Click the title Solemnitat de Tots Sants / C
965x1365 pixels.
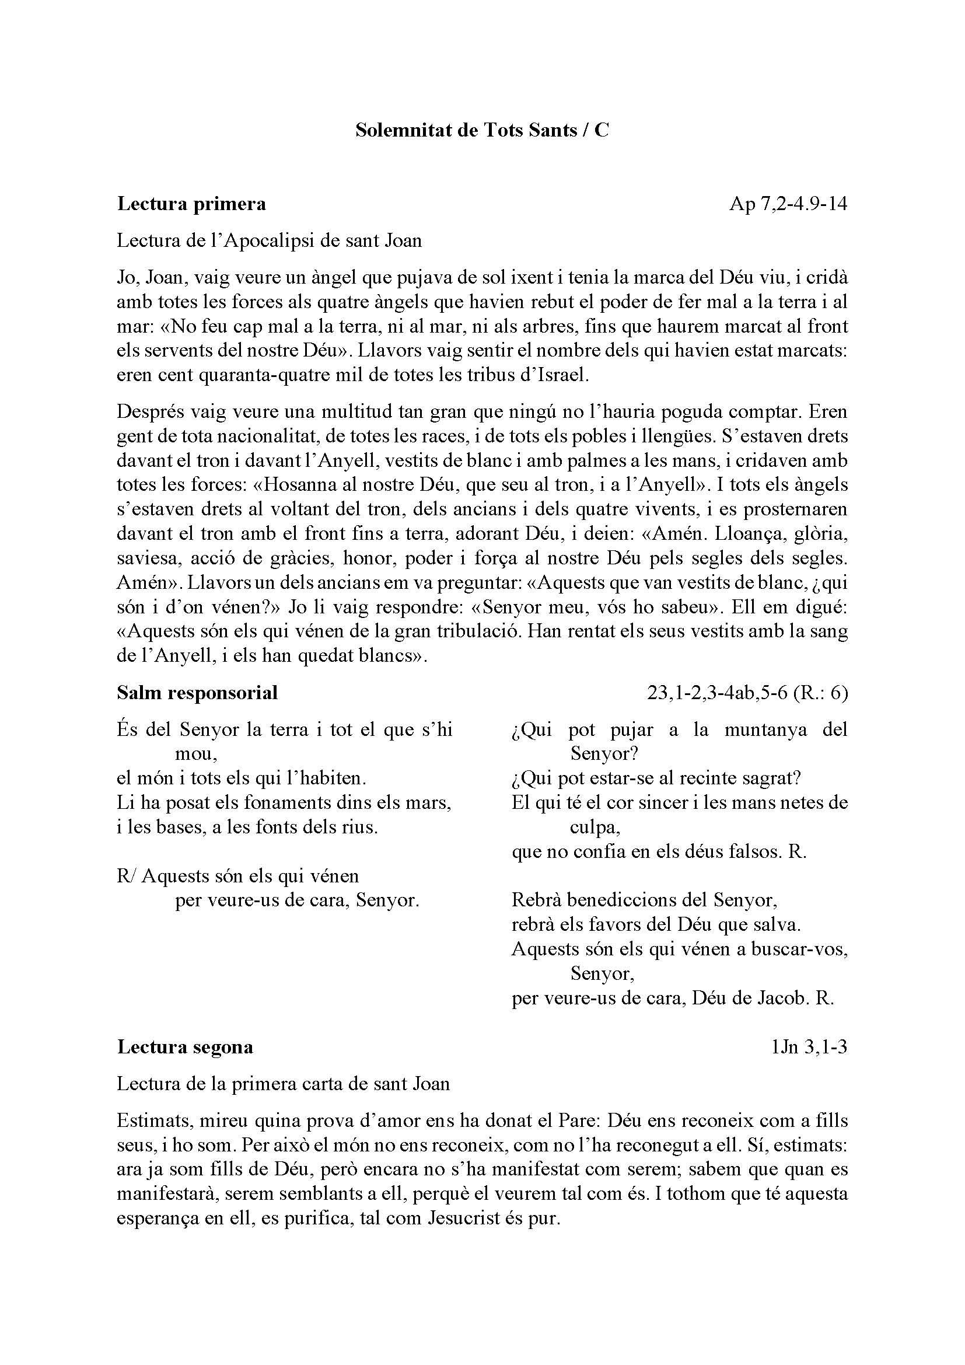(482, 130)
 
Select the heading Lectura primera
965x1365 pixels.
(191, 204)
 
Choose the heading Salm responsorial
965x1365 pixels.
(197, 693)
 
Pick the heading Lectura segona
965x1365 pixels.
(185, 1047)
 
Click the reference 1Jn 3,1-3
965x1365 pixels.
(809, 1047)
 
